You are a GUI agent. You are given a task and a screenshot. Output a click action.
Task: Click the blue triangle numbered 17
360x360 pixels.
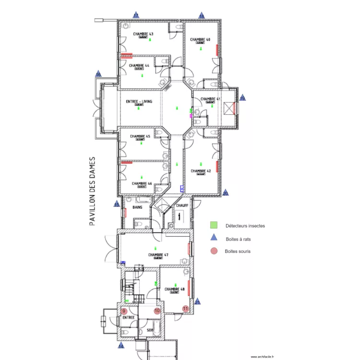coord(136,16)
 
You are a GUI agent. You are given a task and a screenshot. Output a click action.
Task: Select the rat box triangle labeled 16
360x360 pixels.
coord(98,74)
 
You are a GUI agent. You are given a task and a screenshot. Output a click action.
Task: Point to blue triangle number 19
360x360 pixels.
coord(242,97)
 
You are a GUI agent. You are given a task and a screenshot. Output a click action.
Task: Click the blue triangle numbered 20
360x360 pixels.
coord(226,193)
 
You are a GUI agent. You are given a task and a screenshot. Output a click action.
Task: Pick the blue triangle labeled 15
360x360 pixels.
coord(117,204)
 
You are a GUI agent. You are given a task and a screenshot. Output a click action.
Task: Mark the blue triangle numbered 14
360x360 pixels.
coord(121,345)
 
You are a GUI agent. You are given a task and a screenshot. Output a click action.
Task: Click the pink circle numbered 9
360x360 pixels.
coord(124,311)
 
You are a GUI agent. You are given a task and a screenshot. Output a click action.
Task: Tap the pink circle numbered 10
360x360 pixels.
coord(156,311)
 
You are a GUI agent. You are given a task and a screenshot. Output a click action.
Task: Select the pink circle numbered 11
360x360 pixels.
coord(185,309)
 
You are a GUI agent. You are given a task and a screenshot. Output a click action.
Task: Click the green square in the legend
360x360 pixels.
coord(214,225)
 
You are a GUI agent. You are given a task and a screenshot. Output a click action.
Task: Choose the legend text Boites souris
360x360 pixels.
coord(238,251)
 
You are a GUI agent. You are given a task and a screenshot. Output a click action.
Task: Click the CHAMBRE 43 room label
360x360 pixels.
coord(143,34)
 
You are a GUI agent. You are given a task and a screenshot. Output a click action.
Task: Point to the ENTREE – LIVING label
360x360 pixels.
coord(139,101)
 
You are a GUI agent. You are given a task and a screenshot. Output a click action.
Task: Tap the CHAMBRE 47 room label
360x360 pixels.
coord(158,254)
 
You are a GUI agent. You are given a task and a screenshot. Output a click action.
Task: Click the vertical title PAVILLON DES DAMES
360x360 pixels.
coord(93,191)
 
